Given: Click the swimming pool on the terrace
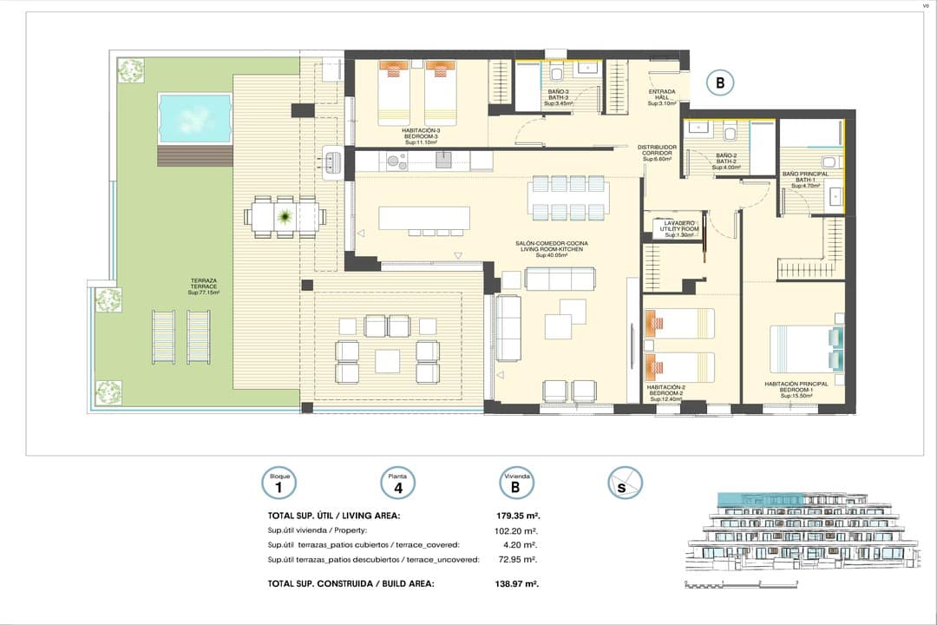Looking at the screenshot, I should point(194,118).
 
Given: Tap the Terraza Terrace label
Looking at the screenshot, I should point(204,287).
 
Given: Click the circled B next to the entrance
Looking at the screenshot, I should point(719,83).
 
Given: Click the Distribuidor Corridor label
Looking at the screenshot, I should point(657,154).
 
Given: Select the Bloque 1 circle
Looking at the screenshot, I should point(279,484).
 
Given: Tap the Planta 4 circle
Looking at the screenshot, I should point(398,484).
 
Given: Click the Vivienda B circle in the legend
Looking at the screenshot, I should point(516,484).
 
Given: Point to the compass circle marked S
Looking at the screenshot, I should point(624,484).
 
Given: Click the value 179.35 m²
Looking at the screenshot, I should point(517,516).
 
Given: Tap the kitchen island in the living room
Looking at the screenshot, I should point(424,217).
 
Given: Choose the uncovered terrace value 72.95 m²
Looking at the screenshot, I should point(519,559).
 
